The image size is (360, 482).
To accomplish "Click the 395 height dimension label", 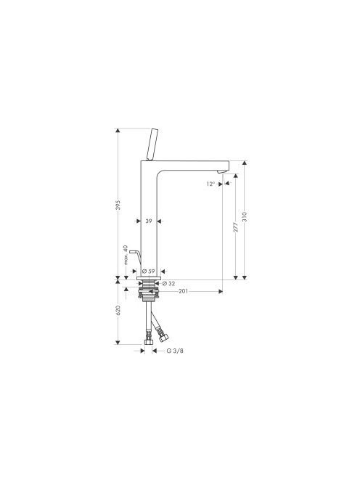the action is click(118, 205).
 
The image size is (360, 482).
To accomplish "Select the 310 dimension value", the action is click(245, 216).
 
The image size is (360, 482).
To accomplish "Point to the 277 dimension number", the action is click(236, 227).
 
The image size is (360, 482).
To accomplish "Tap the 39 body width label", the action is click(149, 221).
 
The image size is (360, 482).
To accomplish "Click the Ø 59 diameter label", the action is click(149, 271).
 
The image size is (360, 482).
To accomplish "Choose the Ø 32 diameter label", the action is click(168, 283).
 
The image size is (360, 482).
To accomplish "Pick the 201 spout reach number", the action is click(183, 291).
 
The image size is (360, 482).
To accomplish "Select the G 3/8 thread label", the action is click(175, 351).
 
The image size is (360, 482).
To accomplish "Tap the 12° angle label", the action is click(210, 184).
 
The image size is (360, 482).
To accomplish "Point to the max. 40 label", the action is click(126, 255).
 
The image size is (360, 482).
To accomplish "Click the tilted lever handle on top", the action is click(153, 144).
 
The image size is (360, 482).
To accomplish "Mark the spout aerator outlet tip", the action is click(221, 172).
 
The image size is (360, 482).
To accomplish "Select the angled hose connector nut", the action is click(163, 338).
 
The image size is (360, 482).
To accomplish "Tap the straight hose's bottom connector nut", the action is click(149, 342).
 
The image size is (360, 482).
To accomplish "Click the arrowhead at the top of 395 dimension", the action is click(118, 131).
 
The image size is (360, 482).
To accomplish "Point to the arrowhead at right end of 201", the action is click(221, 291).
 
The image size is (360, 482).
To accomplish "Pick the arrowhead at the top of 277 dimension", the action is click(236, 176).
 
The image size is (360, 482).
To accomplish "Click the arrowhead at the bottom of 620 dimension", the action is click(118, 342).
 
